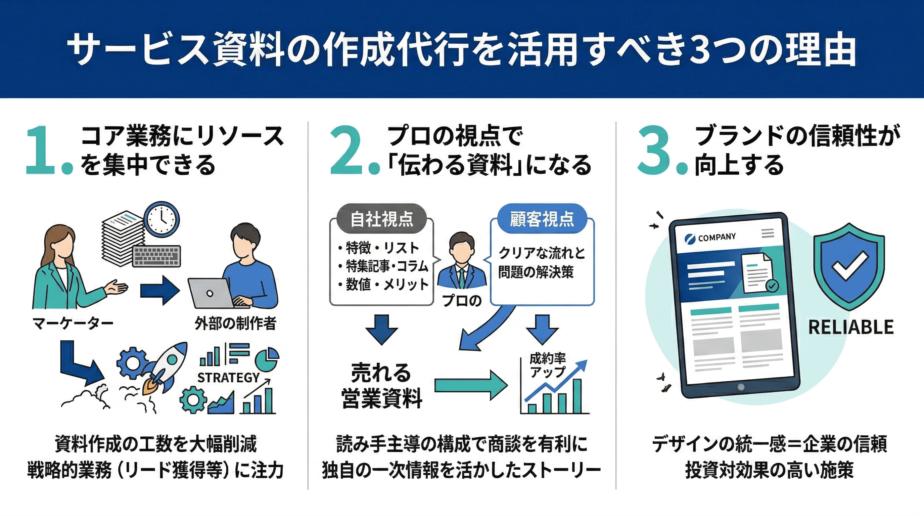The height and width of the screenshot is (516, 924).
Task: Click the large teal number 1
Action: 40,151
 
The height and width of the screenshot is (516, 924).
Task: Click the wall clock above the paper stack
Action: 161,219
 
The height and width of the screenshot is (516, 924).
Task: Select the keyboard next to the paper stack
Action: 156,256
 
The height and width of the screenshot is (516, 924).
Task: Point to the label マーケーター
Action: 73,324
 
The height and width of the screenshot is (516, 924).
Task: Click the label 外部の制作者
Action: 236,324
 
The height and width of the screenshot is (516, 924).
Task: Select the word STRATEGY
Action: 229,378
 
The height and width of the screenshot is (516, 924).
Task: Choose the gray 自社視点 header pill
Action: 382,219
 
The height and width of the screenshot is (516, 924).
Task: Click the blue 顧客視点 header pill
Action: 542,219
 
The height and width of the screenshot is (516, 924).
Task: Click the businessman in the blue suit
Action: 462,262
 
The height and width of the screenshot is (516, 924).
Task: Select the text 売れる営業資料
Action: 381,386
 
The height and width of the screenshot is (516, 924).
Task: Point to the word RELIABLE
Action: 851,327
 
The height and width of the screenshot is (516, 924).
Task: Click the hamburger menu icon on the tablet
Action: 768,233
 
